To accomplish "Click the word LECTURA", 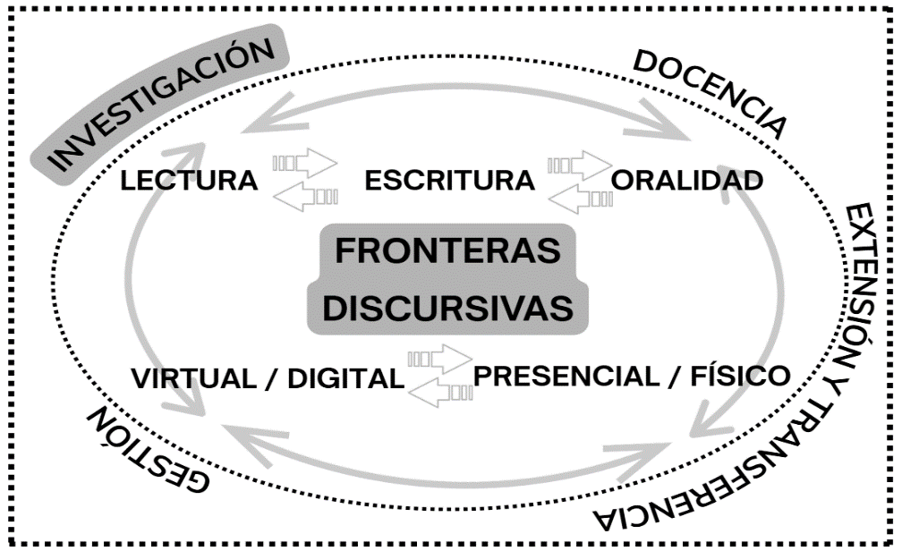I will pyautogui.click(x=190, y=182).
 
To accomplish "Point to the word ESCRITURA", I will pyautogui.click(x=449, y=182).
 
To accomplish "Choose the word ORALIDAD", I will pyautogui.click(x=687, y=182).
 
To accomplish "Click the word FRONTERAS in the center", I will pyautogui.click(x=447, y=251).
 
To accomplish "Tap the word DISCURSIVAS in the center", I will pyautogui.click(x=447, y=308).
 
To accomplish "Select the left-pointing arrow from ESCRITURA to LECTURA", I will pyautogui.click(x=305, y=194).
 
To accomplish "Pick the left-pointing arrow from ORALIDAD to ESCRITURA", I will pyautogui.click(x=580, y=195).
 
